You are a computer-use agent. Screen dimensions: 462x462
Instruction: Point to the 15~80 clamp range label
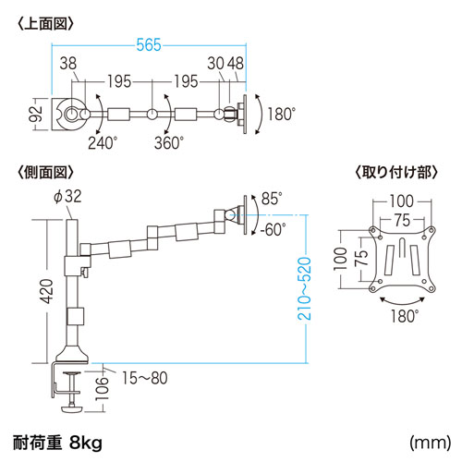140,376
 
